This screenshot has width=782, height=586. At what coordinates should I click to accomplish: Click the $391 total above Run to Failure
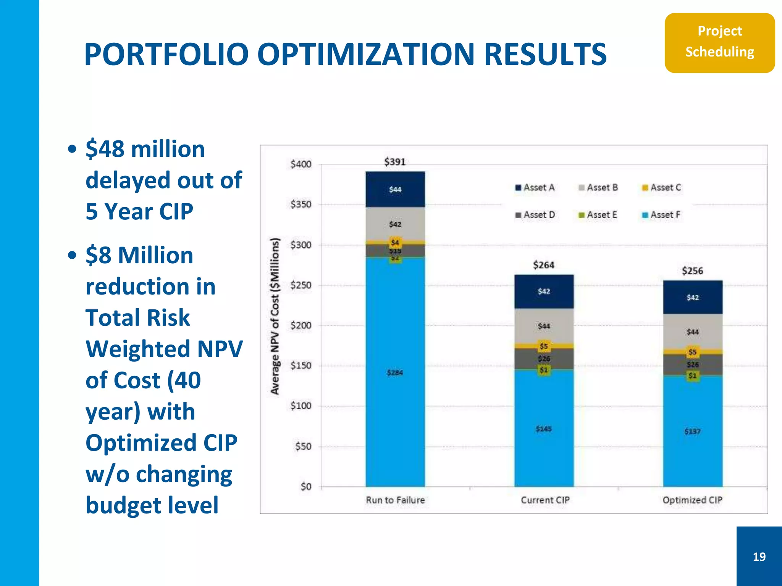tap(395, 162)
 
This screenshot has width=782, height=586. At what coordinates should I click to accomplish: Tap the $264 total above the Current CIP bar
tap(543, 265)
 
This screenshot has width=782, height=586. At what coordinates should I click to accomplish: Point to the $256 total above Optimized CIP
tap(692, 271)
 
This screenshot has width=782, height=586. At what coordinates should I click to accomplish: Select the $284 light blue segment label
tap(395, 372)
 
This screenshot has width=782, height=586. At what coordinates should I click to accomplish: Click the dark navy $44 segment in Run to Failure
tap(395, 190)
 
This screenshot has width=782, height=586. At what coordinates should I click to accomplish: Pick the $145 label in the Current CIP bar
tap(543, 429)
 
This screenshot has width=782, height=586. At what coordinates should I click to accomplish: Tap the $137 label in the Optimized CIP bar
tap(692, 431)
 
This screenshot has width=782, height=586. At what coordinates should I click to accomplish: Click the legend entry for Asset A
tap(535, 188)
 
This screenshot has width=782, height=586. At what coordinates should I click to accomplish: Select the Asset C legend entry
tap(662, 188)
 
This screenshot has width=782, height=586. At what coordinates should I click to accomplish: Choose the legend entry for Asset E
tap(598, 215)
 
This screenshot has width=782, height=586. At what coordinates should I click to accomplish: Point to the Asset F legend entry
tap(662, 215)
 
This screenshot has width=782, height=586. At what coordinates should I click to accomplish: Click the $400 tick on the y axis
tap(301, 164)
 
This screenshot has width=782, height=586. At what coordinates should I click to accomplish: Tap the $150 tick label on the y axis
tap(301, 365)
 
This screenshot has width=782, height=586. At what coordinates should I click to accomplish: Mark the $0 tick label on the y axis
tap(306, 486)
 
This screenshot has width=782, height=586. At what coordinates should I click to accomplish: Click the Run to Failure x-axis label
tap(395, 500)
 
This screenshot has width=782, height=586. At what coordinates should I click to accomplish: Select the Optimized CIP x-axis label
tap(692, 500)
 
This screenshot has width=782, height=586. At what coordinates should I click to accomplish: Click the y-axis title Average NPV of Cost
tap(275, 316)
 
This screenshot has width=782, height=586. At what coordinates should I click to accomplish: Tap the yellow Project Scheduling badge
tap(719, 42)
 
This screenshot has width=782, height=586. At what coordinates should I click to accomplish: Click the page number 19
tap(759, 557)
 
